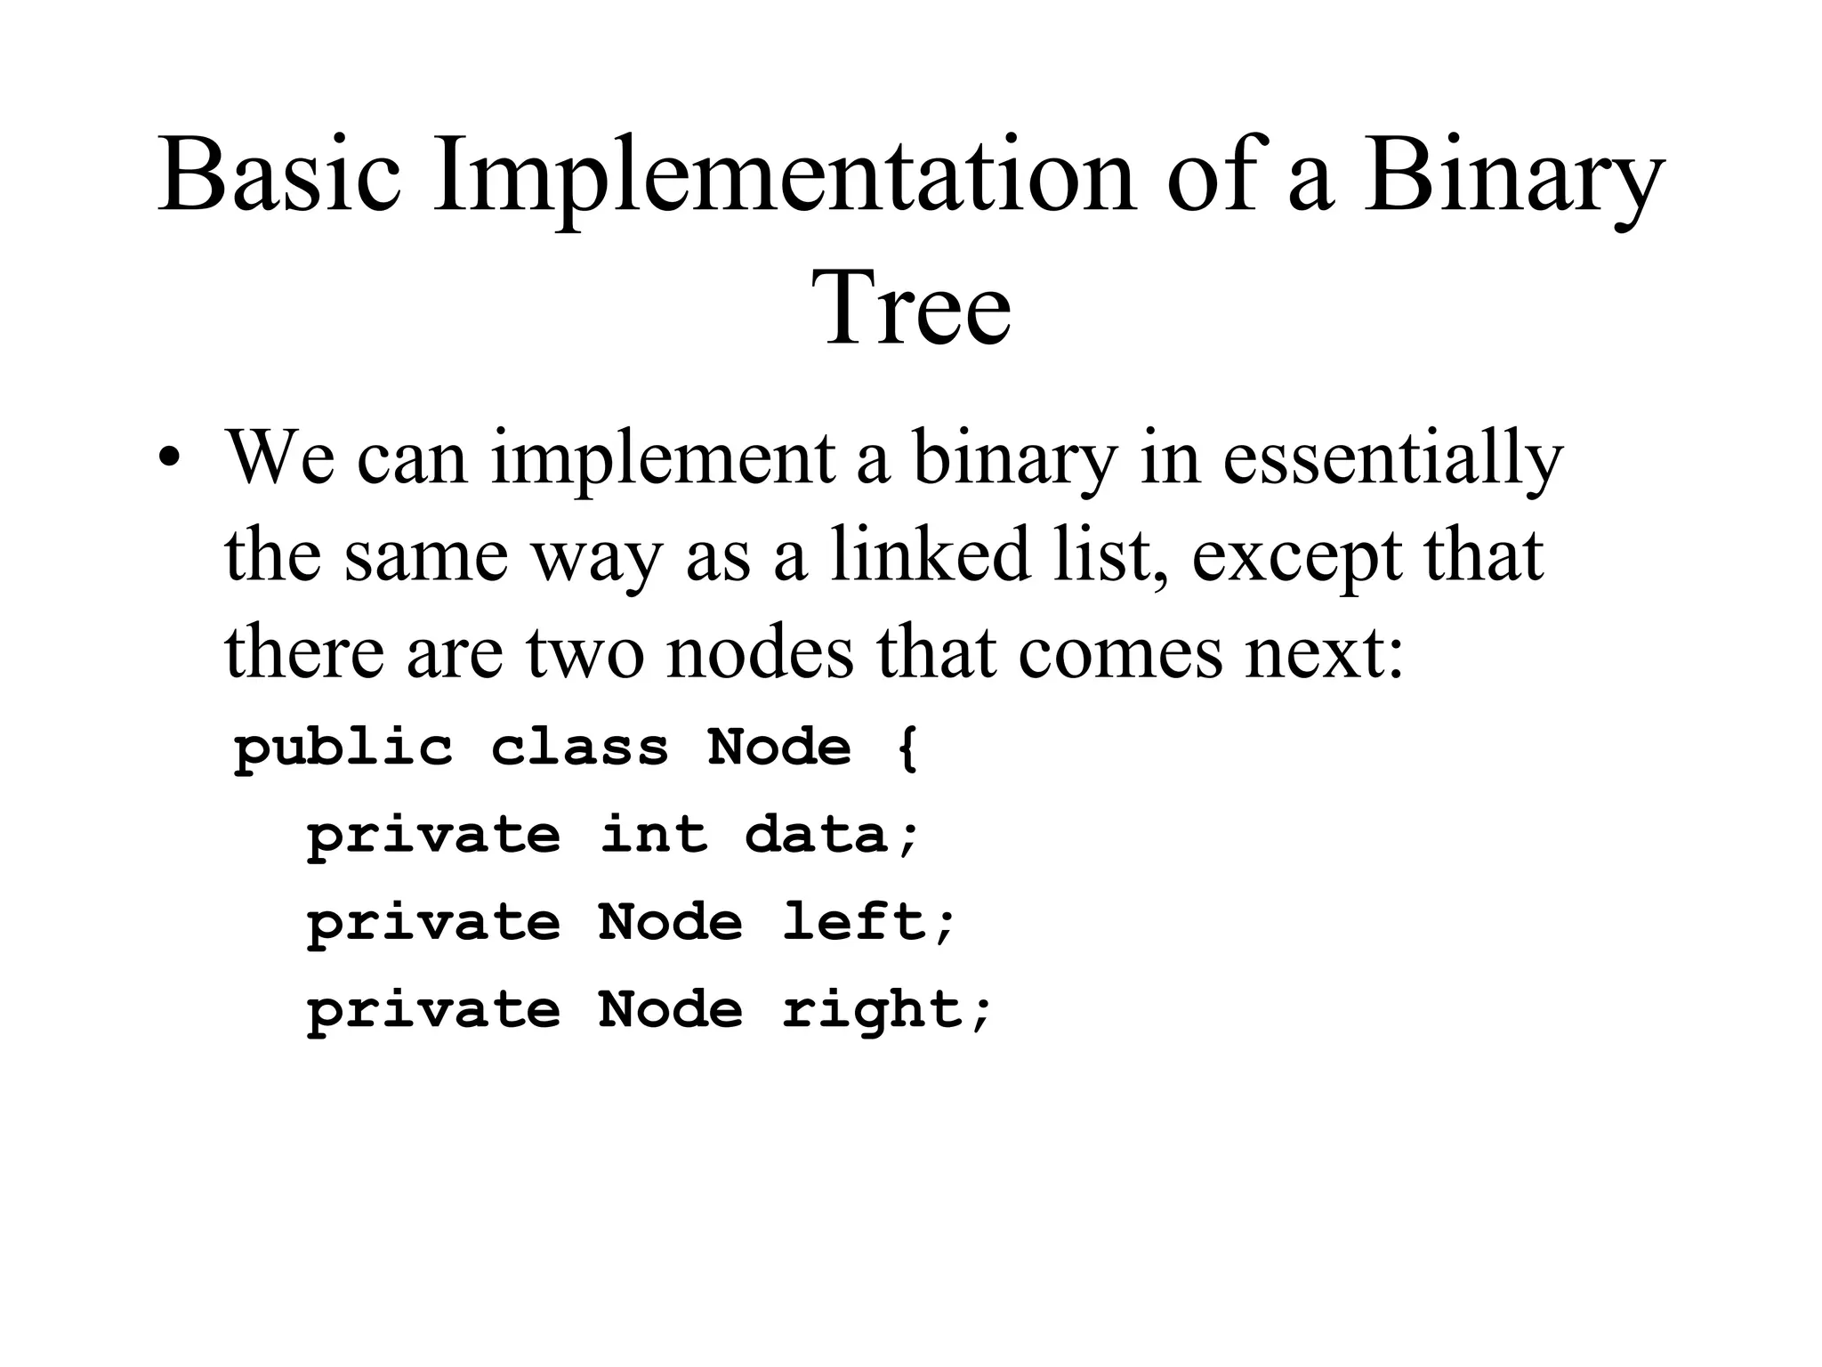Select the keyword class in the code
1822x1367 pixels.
point(579,747)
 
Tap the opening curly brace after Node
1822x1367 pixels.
point(907,748)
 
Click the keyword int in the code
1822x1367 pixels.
point(654,835)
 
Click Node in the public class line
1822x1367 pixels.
point(779,747)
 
